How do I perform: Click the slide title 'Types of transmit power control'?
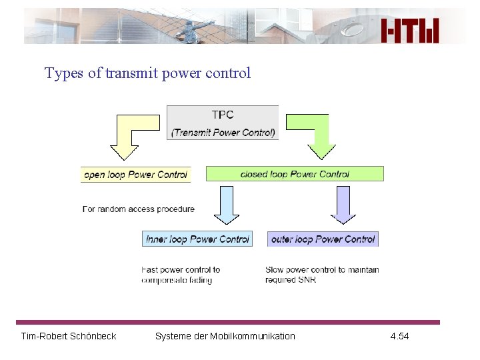coord(147,73)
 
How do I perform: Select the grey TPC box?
coord(223,122)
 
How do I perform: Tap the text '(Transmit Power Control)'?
coord(223,132)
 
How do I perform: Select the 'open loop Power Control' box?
coord(135,175)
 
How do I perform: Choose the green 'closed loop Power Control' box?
coord(295,174)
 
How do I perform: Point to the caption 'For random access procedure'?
coord(139,209)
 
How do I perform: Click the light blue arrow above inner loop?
coord(227,205)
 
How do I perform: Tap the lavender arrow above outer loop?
coord(343,205)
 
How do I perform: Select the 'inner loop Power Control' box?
coord(197,239)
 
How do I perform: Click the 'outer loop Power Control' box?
coord(323,239)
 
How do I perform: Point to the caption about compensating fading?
coord(181,275)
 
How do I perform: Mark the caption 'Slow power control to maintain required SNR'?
coord(322,275)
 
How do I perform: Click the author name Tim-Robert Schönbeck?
coord(69,336)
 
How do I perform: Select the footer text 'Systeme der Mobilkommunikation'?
coord(225,336)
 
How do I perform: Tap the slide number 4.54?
coord(399,336)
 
